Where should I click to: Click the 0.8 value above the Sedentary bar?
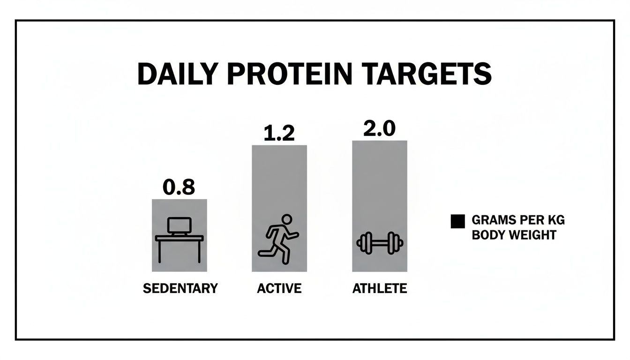(179, 187)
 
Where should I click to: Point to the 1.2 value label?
(279, 134)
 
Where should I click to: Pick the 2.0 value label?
(379, 129)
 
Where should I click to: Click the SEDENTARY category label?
(180, 288)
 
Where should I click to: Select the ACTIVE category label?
(279, 288)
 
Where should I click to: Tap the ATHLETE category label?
(379, 288)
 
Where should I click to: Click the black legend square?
(457, 221)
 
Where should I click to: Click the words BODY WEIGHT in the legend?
(514, 234)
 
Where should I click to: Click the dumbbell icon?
(380, 243)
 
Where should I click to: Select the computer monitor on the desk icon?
(180, 226)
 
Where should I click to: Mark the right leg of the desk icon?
(199, 251)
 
